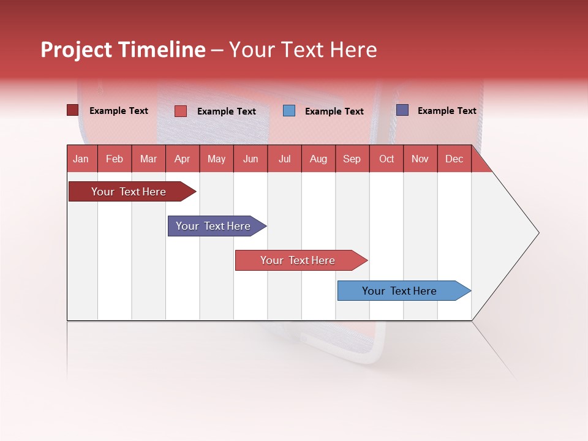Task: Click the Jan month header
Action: pos(81,159)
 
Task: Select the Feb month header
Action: pos(115,159)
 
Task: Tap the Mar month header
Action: pos(148,159)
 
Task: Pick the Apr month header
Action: pos(182,159)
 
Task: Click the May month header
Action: pos(216,159)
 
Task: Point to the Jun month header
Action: pos(251,159)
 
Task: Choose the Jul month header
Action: pos(284,159)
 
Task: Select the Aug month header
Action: pos(318,159)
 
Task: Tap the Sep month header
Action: pos(352,159)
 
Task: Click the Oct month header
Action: pos(386,159)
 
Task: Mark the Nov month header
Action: pos(420,159)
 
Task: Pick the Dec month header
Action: pos(454,159)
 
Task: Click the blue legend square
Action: pos(289,111)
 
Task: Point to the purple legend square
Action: pos(402,110)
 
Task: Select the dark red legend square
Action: pos(73,110)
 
